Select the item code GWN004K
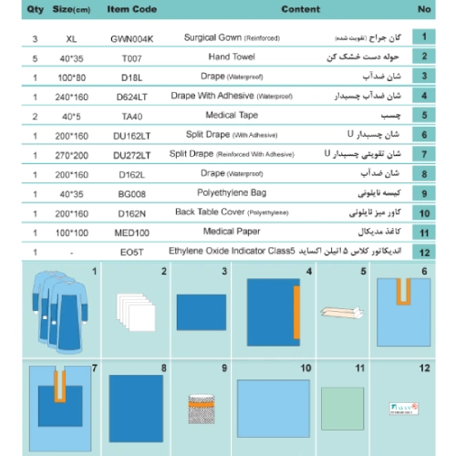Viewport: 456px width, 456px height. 131,40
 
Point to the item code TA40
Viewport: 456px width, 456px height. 131,117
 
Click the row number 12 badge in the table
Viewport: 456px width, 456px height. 423,251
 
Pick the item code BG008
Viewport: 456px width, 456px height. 131,193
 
